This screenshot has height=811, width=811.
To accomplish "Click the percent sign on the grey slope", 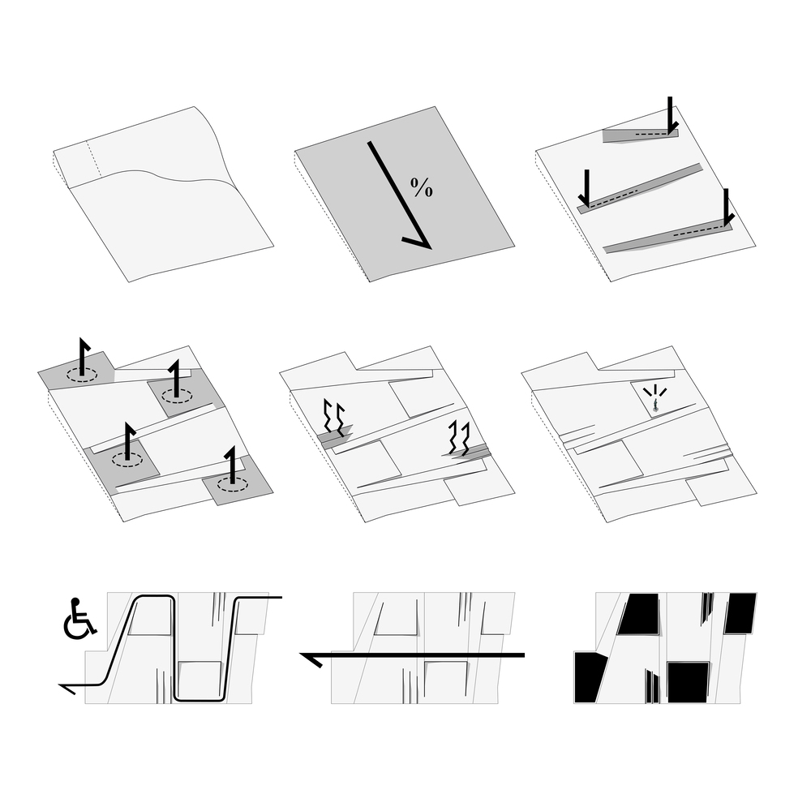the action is [x=422, y=187].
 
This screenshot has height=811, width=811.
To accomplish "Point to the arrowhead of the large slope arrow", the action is [x=418, y=241].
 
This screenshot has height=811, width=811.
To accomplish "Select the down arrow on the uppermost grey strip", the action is [x=671, y=115].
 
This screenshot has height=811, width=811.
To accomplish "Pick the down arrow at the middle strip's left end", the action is [x=586, y=188].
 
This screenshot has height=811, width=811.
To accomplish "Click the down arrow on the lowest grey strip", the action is [x=727, y=208].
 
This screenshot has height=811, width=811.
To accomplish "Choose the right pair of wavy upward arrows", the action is [x=459, y=438].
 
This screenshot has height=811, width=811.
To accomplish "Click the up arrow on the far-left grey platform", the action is [x=82, y=356].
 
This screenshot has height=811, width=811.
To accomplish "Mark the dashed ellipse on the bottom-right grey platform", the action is [x=232, y=484].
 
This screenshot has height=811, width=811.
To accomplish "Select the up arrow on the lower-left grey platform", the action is [x=128, y=441].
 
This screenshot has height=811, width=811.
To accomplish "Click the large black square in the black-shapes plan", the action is [x=688, y=682].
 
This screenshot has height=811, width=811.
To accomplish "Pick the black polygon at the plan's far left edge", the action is [x=589, y=677].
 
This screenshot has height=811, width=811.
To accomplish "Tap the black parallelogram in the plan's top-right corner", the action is [x=740, y=613].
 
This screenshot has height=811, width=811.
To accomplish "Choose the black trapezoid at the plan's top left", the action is [x=639, y=615].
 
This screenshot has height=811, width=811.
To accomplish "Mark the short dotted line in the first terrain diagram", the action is [x=93, y=158].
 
